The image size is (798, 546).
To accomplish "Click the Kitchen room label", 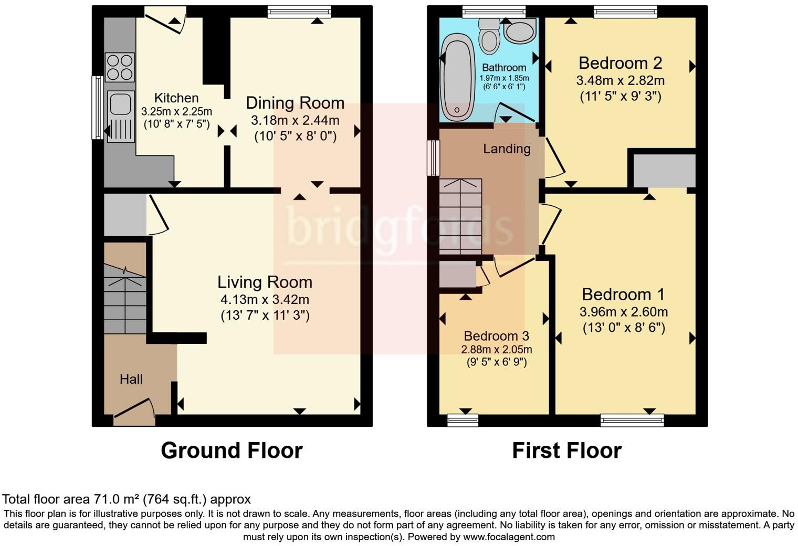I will [176, 98].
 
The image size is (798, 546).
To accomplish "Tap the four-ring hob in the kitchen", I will [120, 68].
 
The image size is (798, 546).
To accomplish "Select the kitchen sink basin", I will [120, 103].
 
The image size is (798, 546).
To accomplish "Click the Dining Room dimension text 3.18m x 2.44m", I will [295, 120].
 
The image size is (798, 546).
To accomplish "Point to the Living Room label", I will [265, 282].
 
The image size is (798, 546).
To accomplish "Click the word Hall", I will [131, 379].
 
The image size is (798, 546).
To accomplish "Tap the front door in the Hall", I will [134, 411].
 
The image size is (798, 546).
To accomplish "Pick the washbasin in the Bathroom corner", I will [520, 31].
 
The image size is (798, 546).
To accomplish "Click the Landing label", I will [507, 149].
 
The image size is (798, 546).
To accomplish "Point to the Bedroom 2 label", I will [620, 64].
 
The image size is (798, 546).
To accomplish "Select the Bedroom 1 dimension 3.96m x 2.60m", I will [623, 312].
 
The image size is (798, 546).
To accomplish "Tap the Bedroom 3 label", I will [496, 336].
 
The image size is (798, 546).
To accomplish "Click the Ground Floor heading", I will [232, 450].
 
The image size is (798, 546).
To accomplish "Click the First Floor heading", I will [566, 450].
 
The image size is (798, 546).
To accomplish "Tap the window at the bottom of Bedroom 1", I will [632, 419].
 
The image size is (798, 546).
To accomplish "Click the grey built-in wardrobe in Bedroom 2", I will [664, 171].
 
